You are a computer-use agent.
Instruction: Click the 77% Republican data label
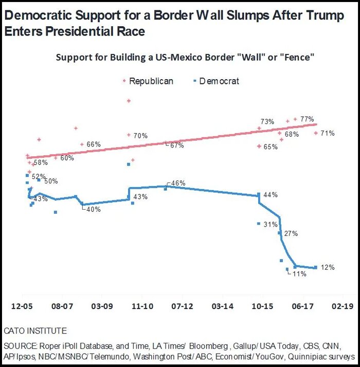(308, 119)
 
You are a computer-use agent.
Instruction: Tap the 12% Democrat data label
(328, 267)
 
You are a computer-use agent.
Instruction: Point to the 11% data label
(299, 274)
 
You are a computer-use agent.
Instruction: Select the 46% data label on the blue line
(178, 183)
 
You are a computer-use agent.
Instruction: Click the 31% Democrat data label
(271, 225)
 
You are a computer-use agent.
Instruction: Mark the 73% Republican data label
(267, 122)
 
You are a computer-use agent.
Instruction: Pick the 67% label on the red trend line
(176, 145)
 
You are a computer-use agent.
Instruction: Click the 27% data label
(291, 233)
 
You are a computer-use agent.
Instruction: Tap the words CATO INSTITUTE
(35, 331)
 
